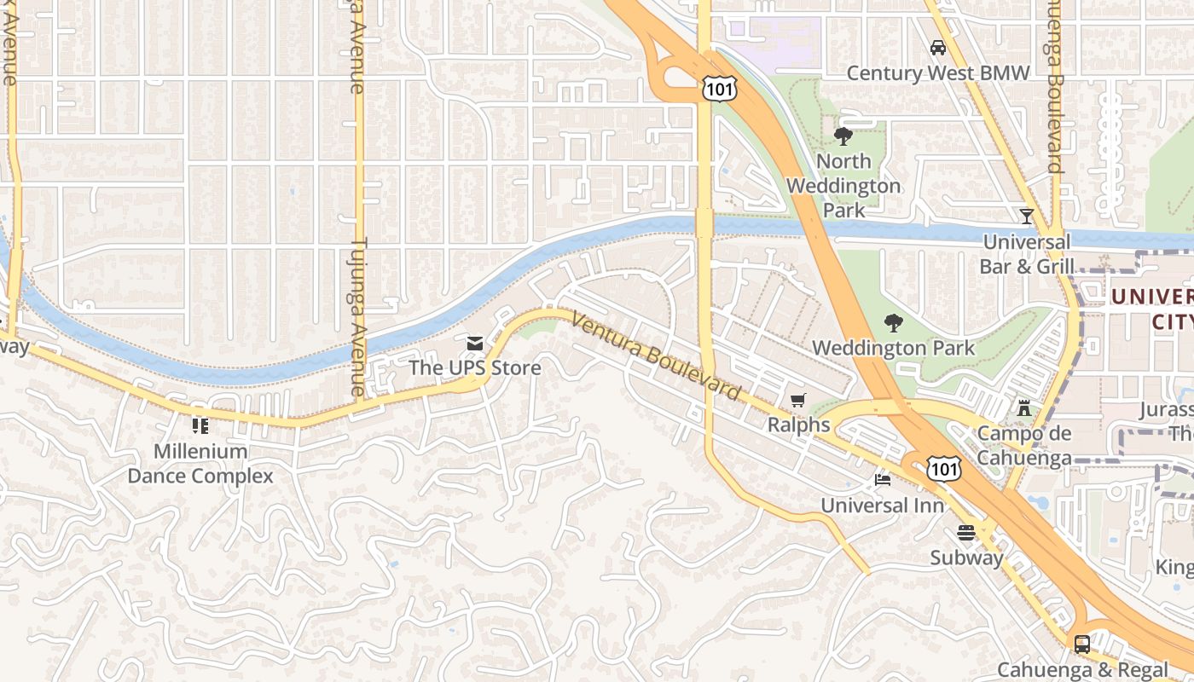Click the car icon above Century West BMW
(x=938, y=48)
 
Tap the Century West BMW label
(x=938, y=73)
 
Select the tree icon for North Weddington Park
(x=843, y=136)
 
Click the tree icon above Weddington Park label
(x=893, y=323)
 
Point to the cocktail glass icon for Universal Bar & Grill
(x=1027, y=217)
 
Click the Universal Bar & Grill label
(x=1026, y=254)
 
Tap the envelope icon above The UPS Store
(x=475, y=344)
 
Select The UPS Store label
(x=475, y=368)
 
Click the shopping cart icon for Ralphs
(x=798, y=400)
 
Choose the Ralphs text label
(x=798, y=425)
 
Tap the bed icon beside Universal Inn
(x=883, y=480)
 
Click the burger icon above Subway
(x=966, y=533)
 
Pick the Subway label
(x=966, y=558)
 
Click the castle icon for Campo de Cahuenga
(x=1024, y=408)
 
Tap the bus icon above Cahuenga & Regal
(x=1082, y=644)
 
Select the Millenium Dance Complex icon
(x=200, y=425)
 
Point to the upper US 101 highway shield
(x=717, y=88)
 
